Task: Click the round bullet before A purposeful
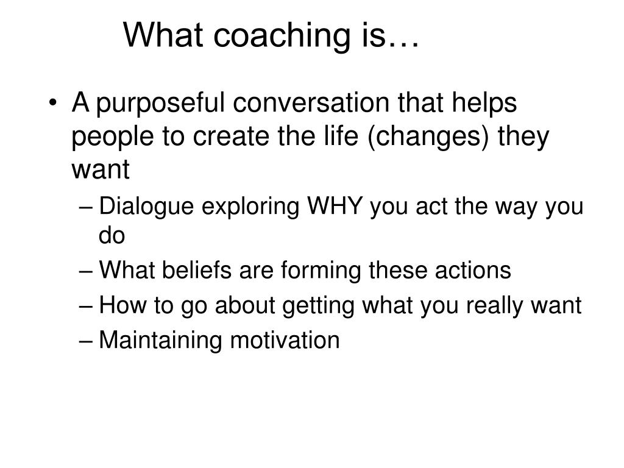click(52, 103)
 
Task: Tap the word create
click(232, 136)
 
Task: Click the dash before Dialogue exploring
click(86, 208)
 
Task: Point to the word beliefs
click(197, 270)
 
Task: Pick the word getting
click(318, 306)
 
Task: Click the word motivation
click(285, 340)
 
